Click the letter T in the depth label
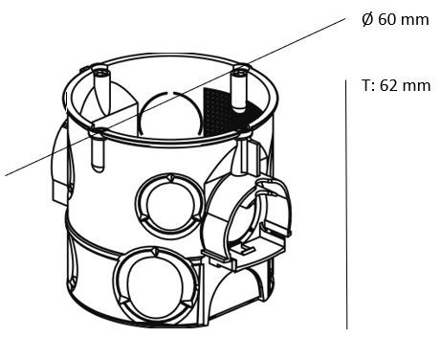tap(366, 85)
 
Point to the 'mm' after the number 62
tap(418, 85)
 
